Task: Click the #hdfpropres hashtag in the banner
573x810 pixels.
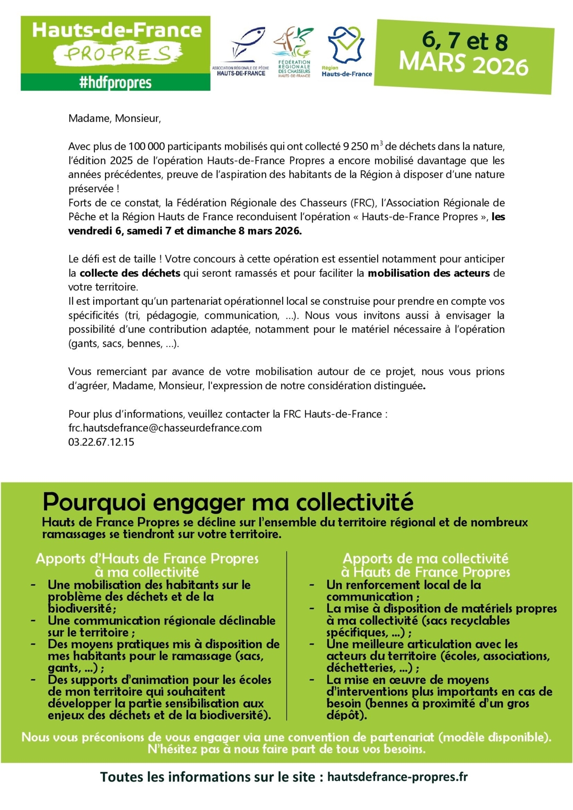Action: [115, 83]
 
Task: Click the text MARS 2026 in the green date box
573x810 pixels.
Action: [463, 64]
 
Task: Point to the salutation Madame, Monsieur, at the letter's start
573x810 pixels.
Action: [115, 118]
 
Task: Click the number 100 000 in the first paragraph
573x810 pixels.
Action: [146, 146]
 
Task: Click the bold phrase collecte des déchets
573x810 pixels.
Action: [130, 273]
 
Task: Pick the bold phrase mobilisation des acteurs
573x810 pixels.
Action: [429, 273]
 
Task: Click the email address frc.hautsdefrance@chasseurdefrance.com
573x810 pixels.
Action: [165, 428]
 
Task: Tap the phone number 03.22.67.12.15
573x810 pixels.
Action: [101, 442]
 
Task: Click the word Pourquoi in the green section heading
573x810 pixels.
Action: [95, 502]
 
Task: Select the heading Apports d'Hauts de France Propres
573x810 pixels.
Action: [147, 559]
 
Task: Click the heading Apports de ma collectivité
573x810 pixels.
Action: [425, 559]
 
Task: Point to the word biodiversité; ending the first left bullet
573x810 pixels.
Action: [82, 609]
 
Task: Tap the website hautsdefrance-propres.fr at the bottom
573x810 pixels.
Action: [397, 777]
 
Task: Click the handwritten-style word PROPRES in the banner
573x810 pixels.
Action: [117, 54]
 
